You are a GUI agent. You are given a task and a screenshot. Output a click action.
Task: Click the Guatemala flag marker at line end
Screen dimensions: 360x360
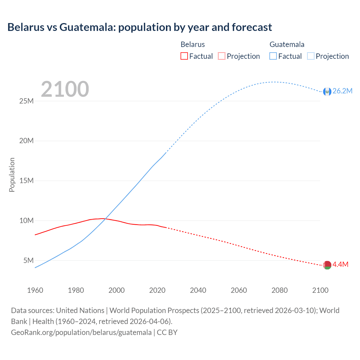(327, 91)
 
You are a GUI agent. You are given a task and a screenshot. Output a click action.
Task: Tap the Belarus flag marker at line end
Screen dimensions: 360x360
(327, 265)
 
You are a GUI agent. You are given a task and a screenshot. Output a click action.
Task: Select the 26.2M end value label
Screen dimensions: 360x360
(342, 91)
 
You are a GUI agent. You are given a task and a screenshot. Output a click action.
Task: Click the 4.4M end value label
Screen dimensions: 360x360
(340, 264)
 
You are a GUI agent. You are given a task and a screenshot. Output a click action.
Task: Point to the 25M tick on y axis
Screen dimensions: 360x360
(26, 101)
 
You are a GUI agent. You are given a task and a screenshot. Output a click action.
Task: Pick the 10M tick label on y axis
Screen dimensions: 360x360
(26, 220)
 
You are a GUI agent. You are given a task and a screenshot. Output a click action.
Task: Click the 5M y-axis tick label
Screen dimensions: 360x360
(28, 260)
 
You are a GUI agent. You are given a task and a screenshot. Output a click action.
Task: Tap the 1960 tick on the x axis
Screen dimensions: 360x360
(35, 290)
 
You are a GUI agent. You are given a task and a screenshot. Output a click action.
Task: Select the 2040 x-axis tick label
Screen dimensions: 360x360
(198, 290)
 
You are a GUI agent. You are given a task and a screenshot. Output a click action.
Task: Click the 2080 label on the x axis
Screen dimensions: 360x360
(280, 290)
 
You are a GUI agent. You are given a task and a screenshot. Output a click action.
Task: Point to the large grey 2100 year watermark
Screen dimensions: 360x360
(65, 89)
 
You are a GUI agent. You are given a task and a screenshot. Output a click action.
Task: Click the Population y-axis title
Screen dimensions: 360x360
(12, 175)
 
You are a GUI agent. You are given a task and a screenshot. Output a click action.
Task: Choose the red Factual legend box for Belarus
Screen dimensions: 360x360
(184, 56)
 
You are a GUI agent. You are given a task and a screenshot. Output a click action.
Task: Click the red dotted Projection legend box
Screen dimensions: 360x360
(222, 56)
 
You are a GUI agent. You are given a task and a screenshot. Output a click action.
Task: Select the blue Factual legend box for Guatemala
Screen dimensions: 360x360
(273, 56)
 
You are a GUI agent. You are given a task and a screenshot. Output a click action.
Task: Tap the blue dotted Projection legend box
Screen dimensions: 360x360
(311, 56)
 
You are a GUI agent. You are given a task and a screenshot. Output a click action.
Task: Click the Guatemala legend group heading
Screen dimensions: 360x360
(287, 44)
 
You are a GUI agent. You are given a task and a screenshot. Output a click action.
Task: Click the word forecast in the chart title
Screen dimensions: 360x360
(252, 27)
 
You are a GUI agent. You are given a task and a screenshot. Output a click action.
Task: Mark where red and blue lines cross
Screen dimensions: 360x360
(105, 219)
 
